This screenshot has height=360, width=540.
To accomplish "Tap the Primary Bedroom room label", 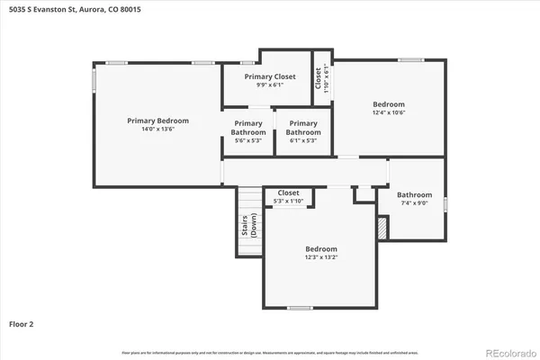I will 157,120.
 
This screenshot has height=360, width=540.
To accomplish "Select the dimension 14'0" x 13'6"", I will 157,130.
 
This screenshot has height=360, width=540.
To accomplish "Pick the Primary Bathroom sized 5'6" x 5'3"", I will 248,128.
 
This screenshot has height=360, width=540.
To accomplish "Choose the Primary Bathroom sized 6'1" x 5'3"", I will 303,128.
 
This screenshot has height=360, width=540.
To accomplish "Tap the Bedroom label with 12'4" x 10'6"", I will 389,103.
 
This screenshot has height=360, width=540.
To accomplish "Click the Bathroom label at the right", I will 414,194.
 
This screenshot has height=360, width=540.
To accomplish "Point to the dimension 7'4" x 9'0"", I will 414,204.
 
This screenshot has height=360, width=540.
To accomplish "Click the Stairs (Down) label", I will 248,226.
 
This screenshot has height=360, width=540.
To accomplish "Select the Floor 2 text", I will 22,322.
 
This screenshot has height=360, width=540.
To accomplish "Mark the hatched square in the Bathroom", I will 382,230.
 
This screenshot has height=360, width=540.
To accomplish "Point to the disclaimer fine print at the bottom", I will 270,351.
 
